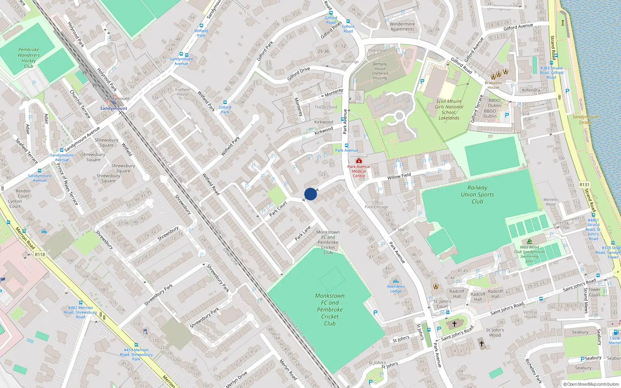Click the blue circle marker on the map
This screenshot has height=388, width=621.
tap(310, 194)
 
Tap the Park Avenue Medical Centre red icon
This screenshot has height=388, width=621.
tap(359, 161)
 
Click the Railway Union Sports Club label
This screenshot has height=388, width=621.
tap(477, 194)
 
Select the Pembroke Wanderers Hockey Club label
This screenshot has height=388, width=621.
tap(29, 58)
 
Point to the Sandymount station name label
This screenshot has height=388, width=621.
tap(113, 108)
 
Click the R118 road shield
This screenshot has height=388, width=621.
tap(40, 255)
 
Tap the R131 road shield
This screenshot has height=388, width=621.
tap(584, 185)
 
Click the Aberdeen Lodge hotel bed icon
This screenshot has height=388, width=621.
tap(395, 281)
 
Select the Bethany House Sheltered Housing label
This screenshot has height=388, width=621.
tap(380, 71)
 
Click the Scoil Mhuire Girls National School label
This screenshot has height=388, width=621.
tap(449, 109)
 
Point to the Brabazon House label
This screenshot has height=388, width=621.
tap(493, 85)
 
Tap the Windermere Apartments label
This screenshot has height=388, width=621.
tap(402, 26)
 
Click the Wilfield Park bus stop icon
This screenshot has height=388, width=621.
tap(201, 25)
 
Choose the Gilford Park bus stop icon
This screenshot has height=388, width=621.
tap(225, 102)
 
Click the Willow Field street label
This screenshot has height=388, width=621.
tap(399, 176)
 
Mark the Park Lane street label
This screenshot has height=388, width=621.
tap(303, 233)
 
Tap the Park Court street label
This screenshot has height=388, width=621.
tap(278, 208)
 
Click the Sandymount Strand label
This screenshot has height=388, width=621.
tap(586, 120)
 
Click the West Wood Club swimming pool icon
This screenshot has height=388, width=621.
tap(530, 241)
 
